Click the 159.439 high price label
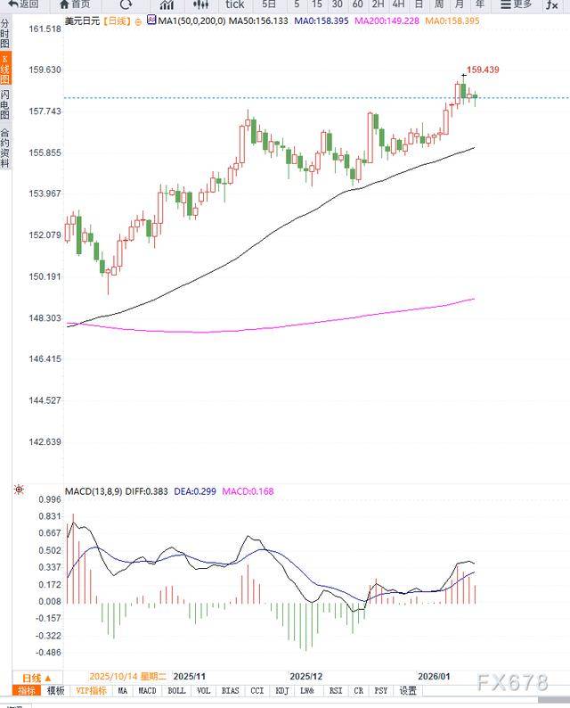483,70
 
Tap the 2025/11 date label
189,677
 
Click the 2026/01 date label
434,677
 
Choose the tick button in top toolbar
234,4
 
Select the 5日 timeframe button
269,4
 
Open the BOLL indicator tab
176,691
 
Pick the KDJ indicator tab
282,691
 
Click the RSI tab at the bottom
336,691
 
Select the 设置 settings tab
408,691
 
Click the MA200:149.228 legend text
387,19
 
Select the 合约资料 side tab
5,146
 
